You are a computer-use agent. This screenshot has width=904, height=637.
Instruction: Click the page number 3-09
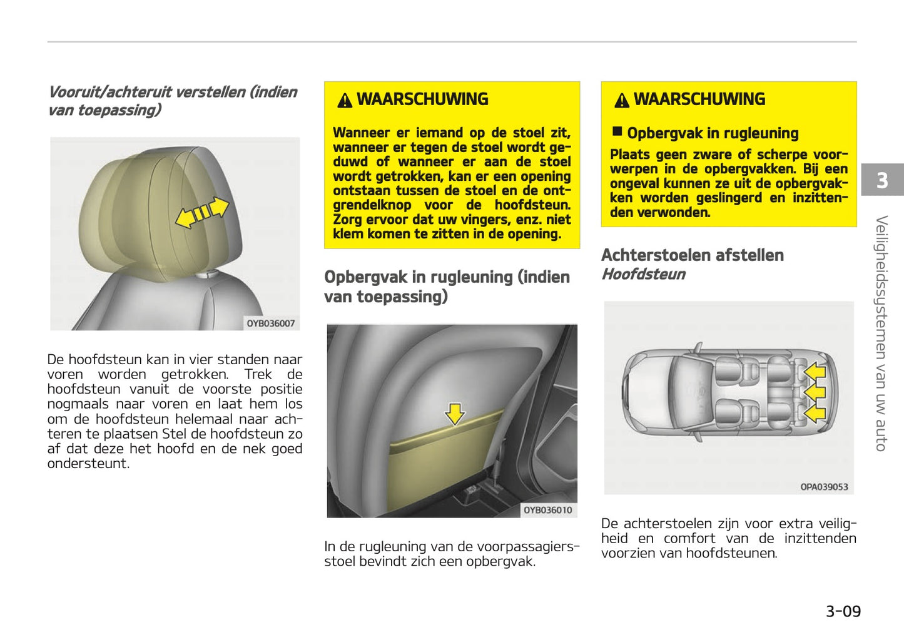[x=843, y=611]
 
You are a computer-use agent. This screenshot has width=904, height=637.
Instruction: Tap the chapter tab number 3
[x=881, y=180]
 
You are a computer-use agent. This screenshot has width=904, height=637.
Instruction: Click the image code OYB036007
[x=270, y=324]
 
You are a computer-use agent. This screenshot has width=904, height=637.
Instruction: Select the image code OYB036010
[x=547, y=510]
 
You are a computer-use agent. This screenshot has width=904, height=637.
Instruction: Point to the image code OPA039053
[x=824, y=487]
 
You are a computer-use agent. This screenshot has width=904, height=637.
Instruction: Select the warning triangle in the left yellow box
[x=345, y=100]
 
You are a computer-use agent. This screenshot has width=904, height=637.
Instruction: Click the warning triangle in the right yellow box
[x=622, y=100]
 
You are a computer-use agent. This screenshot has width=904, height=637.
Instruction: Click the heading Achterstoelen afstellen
[x=692, y=255]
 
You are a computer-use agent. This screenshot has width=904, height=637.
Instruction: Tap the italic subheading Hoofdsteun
[x=643, y=274]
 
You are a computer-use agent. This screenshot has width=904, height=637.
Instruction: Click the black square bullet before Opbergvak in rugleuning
[x=617, y=131]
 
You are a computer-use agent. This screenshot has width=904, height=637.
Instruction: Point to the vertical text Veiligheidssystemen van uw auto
[x=881, y=333]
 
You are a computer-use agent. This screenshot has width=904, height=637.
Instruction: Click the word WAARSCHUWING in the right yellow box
[x=699, y=99]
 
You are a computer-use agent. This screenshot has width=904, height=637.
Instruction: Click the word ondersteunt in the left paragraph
[x=88, y=464]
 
